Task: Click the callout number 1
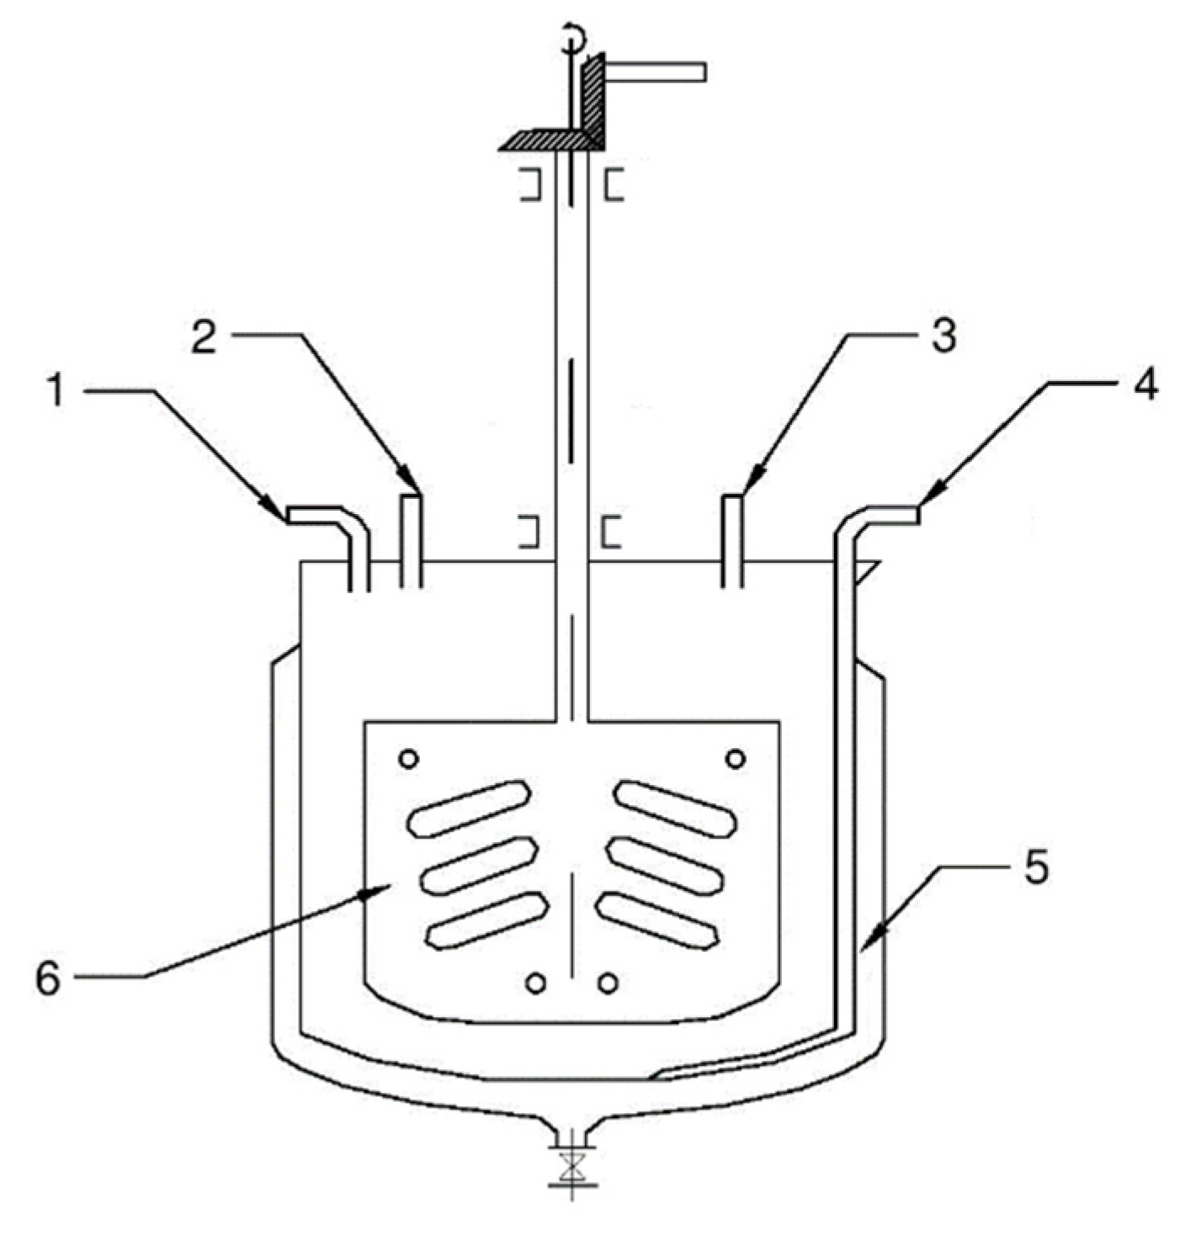tap(56, 392)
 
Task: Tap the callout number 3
tap(943, 336)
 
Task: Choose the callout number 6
tap(49, 978)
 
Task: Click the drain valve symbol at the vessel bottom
tap(572, 1168)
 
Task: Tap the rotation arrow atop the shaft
tap(572, 35)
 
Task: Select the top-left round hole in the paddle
tap(409, 759)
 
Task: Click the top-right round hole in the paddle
tap(735, 759)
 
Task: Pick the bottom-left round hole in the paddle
tap(535, 983)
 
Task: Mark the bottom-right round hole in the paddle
tap(608, 983)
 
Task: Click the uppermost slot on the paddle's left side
tap(468, 808)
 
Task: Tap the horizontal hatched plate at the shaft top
tap(547, 141)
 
